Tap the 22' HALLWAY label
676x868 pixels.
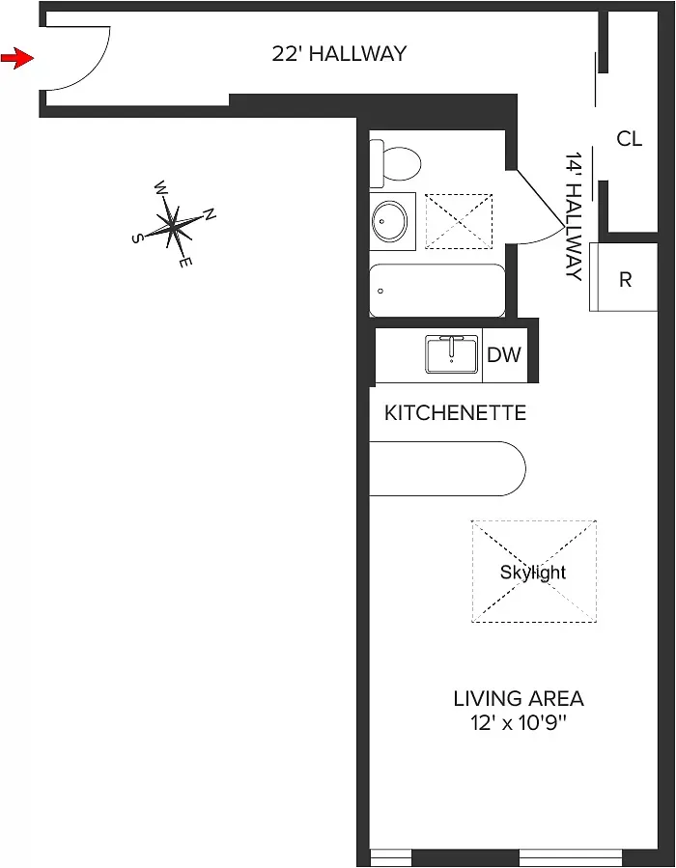click(x=339, y=54)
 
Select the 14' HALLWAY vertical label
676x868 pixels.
click(x=575, y=216)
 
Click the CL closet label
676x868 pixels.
click(x=629, y=139)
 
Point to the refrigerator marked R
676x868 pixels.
click(x=624, y=279)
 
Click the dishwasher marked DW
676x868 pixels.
click(x=503, y=354)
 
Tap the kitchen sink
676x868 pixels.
click(x=452, y=354)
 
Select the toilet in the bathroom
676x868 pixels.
click(x=399, y=162)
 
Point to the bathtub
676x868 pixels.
click(x=437, y=291)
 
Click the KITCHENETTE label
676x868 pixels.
click(x=455, y=413)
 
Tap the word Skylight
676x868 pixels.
click(x=533, y=572)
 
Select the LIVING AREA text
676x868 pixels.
click(x=519, y=698)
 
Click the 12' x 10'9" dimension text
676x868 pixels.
click(x=519, y=723)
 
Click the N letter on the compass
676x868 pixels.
click(x=210, y=214)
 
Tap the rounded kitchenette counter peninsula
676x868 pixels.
click(x=446, y=468)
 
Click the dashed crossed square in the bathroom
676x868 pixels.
click(x=459, y=221)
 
